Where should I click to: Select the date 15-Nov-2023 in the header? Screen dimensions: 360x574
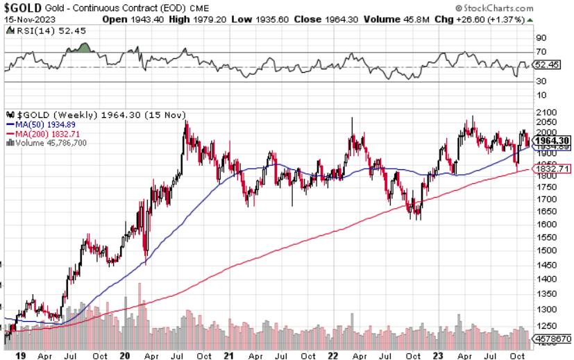(27, 19)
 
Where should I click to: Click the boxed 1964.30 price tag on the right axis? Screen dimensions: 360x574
(552, 139)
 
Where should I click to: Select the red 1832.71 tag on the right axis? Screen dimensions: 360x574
(552, 169)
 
